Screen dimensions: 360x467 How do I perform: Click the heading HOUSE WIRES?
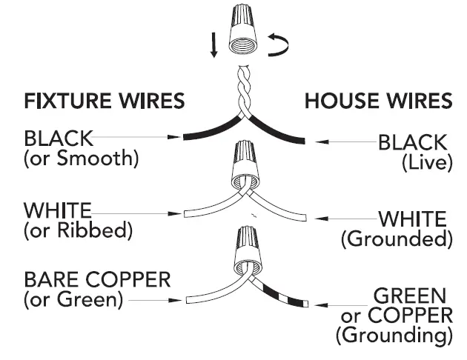pyautogui.click(x=378, y=101)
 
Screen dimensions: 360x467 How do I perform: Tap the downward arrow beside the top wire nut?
pyautogui.click(x=214, y=46)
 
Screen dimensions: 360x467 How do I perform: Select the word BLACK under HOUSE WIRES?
pyautogui.click(x=412, y=141)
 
